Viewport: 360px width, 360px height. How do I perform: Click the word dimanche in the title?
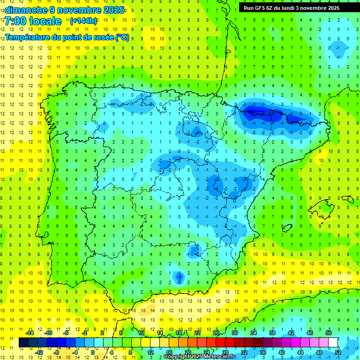click(24, 10)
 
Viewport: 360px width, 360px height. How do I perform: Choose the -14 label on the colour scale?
click(30, 333)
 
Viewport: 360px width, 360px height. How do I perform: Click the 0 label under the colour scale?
click(93, 352)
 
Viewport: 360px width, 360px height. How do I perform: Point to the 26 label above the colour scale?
click(216, 333)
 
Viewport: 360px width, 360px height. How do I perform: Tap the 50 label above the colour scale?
click(329, 333)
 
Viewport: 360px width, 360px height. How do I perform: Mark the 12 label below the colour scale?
click(150, 352)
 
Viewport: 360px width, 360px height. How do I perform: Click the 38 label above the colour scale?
click(272, 333)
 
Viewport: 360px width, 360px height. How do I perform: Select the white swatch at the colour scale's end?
click(333, 343)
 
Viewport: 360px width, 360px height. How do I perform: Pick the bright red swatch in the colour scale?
click(221, 343)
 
